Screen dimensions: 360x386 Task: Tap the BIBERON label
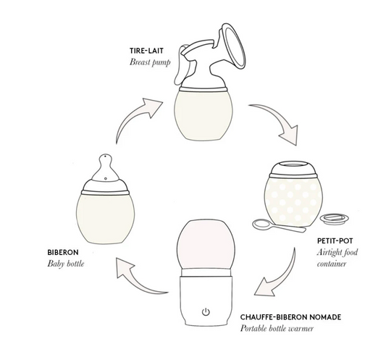(x=43, y=253)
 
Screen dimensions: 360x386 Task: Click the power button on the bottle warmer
(x=206, y=313)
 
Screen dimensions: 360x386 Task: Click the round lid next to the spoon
(x=332, y=217)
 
